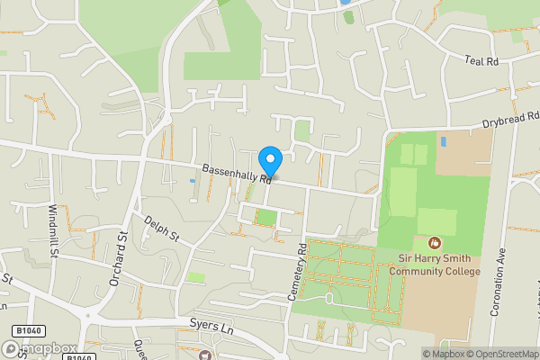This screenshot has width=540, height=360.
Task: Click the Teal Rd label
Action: pos(481,60)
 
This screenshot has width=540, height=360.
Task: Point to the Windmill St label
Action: pos(53,230)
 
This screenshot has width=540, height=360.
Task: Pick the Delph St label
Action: pos(163,229)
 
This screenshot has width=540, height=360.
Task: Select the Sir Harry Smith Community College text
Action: pos(439,265)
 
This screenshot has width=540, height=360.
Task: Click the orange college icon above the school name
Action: pos(435,243)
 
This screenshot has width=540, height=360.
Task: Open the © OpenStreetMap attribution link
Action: pos(504,353)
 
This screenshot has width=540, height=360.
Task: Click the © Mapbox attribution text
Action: pos(443,353)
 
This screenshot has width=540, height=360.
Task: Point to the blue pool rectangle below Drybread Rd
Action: pos(443,141)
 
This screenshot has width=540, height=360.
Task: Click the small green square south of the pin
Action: pos(266,217)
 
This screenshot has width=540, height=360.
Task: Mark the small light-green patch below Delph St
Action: pos(196,277)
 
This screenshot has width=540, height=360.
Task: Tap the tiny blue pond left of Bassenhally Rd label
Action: pos(193,181)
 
